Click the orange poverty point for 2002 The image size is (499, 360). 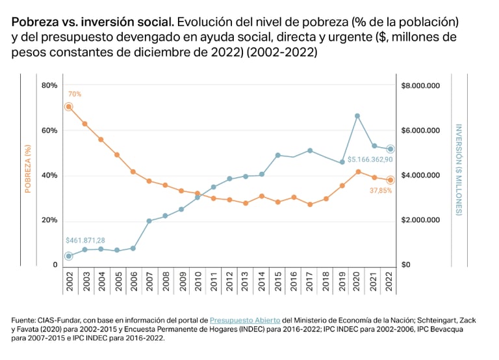point(68,107)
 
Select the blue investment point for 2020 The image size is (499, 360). point(357,116)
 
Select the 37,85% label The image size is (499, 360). point(380,191)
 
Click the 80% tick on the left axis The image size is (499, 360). point(49,86)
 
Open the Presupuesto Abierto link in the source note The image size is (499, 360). point(246,320)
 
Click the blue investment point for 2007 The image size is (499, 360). point(149,221)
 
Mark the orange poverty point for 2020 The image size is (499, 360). point(357,172)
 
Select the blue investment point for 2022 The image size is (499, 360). point(390,149)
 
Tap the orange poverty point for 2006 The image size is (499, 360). point(133,172)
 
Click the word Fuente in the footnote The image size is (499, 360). point(24,320)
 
